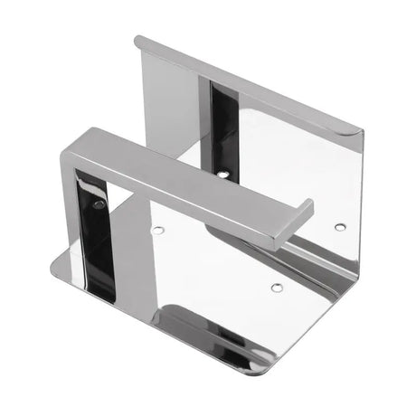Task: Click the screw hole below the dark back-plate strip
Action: [x=222, y=173]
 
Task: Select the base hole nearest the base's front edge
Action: [x=277, y=288]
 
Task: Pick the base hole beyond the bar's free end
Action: [x=339, y=226]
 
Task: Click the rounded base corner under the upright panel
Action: [x=54, y=262]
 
